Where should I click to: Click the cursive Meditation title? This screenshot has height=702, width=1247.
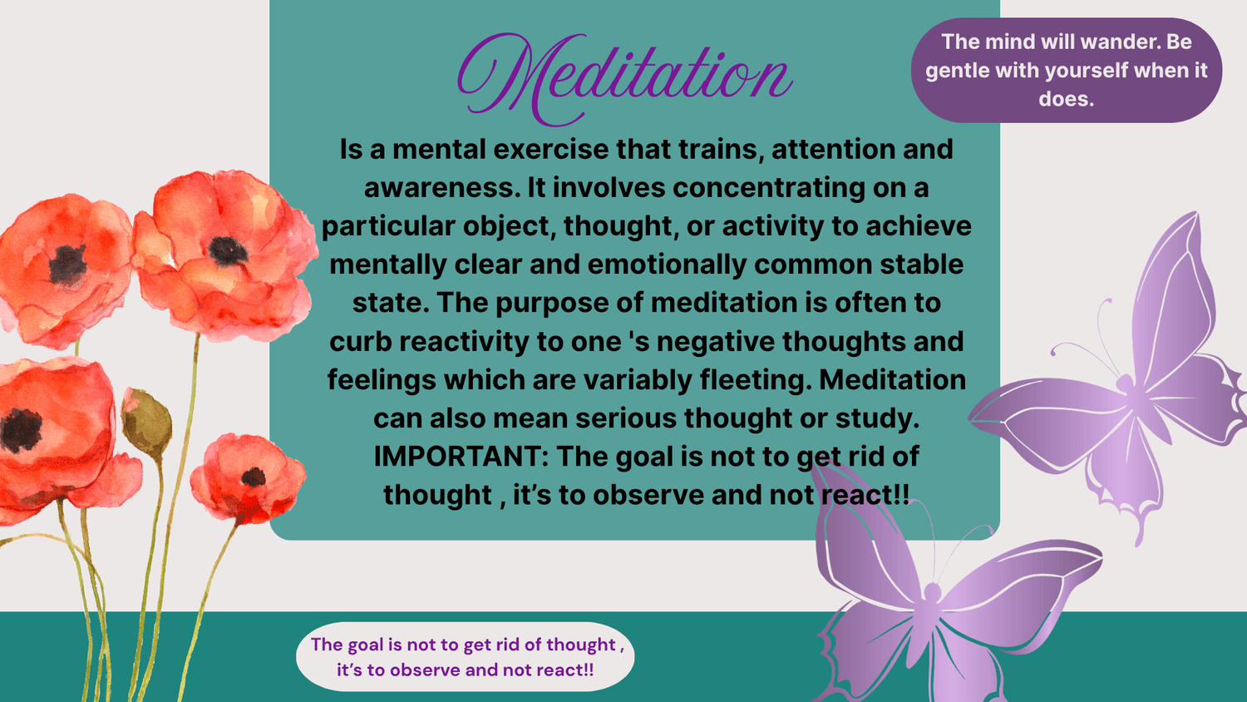(625, 79)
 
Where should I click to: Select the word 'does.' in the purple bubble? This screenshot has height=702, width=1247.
(1066, 99)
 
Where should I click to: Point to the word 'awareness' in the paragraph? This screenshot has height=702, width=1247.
(439, 188)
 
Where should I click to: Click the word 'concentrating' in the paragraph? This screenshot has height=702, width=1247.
(769, 188)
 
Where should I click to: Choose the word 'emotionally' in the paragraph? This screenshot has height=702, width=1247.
(667, 264)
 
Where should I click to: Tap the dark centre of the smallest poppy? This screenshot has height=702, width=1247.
(254, 477)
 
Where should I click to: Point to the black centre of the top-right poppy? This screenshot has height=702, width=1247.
(227, 250)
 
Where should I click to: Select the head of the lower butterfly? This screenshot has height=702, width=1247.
(933, 591)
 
